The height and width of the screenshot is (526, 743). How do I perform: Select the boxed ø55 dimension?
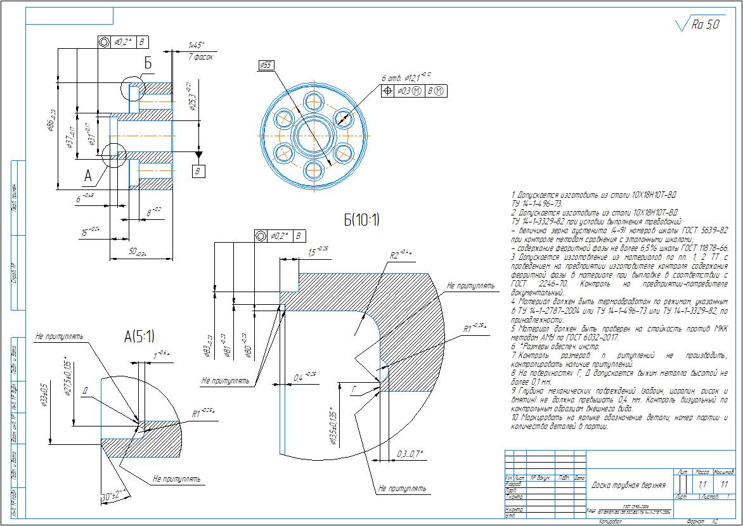click(x=266, y=65)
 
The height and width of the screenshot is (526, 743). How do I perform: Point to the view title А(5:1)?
click(x=139, y=337)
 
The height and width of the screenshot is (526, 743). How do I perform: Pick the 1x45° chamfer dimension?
click(x=197, y=45)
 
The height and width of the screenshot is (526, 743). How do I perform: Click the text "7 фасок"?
click(x=200, y=56)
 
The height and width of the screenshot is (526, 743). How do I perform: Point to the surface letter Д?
click(x=84, y=390)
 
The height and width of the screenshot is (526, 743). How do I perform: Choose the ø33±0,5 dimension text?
click(x=46, y=396)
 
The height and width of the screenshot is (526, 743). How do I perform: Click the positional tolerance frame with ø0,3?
click(x=414, y=91)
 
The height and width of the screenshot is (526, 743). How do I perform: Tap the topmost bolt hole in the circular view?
click(x=314, y=100)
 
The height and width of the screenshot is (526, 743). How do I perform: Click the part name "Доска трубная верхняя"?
click(x=628, y=485)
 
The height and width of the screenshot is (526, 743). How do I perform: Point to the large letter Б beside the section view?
click(x=148, y=64)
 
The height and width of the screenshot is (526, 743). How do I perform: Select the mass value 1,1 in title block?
click(x=702, y=485)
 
